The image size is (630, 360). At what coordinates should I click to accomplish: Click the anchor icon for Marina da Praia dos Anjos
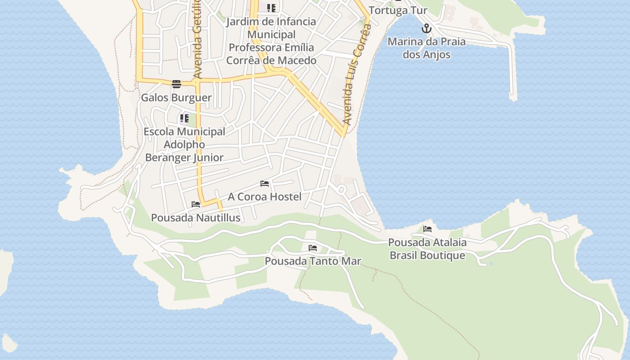pyautogui.click(x=426, y=29)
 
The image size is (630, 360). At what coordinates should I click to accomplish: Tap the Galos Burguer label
pyautogui.click(x=176, y=98)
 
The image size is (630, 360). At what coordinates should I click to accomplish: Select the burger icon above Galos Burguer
pyautogui.click(x=176, y=84)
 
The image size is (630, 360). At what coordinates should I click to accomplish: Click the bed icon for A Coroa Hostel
pyautogui.click(x=265, y=184)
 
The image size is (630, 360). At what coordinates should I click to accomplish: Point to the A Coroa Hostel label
pyautogui.click(x=265, y=197)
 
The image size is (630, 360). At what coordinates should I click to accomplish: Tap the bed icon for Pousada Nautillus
pyautogui.click(x=196, y=204)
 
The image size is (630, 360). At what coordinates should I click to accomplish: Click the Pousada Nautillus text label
pyautogui.click(x=196, y=218)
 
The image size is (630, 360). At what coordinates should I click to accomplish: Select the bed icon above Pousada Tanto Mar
pyautogui.click(x=313, y=248)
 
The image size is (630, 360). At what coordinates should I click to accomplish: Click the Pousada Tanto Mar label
pyautogui.click(x=313, y=261)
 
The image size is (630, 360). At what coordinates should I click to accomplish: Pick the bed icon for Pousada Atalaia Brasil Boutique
pyautogui.click(x=427, y=229)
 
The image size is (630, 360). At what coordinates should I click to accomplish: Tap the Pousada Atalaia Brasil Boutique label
pyautogui.click(x=427, y=249)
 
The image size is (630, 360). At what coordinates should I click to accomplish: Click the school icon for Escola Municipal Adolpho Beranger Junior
pyautogui.click(x=184, y=119)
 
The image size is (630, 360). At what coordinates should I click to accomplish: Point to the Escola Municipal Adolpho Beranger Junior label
pyautogui.click(x=184, y=144)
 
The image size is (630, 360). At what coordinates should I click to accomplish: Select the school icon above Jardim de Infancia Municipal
pyautogui.click(x=271, y=8)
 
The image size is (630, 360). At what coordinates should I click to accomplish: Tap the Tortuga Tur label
pyautogui.click(x=398, y=10)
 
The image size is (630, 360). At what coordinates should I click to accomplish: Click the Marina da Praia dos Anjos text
pyautogui.click(x=426, y=48)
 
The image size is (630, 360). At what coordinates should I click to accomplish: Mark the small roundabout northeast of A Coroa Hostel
pyautogui.click(x=342, y=189)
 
